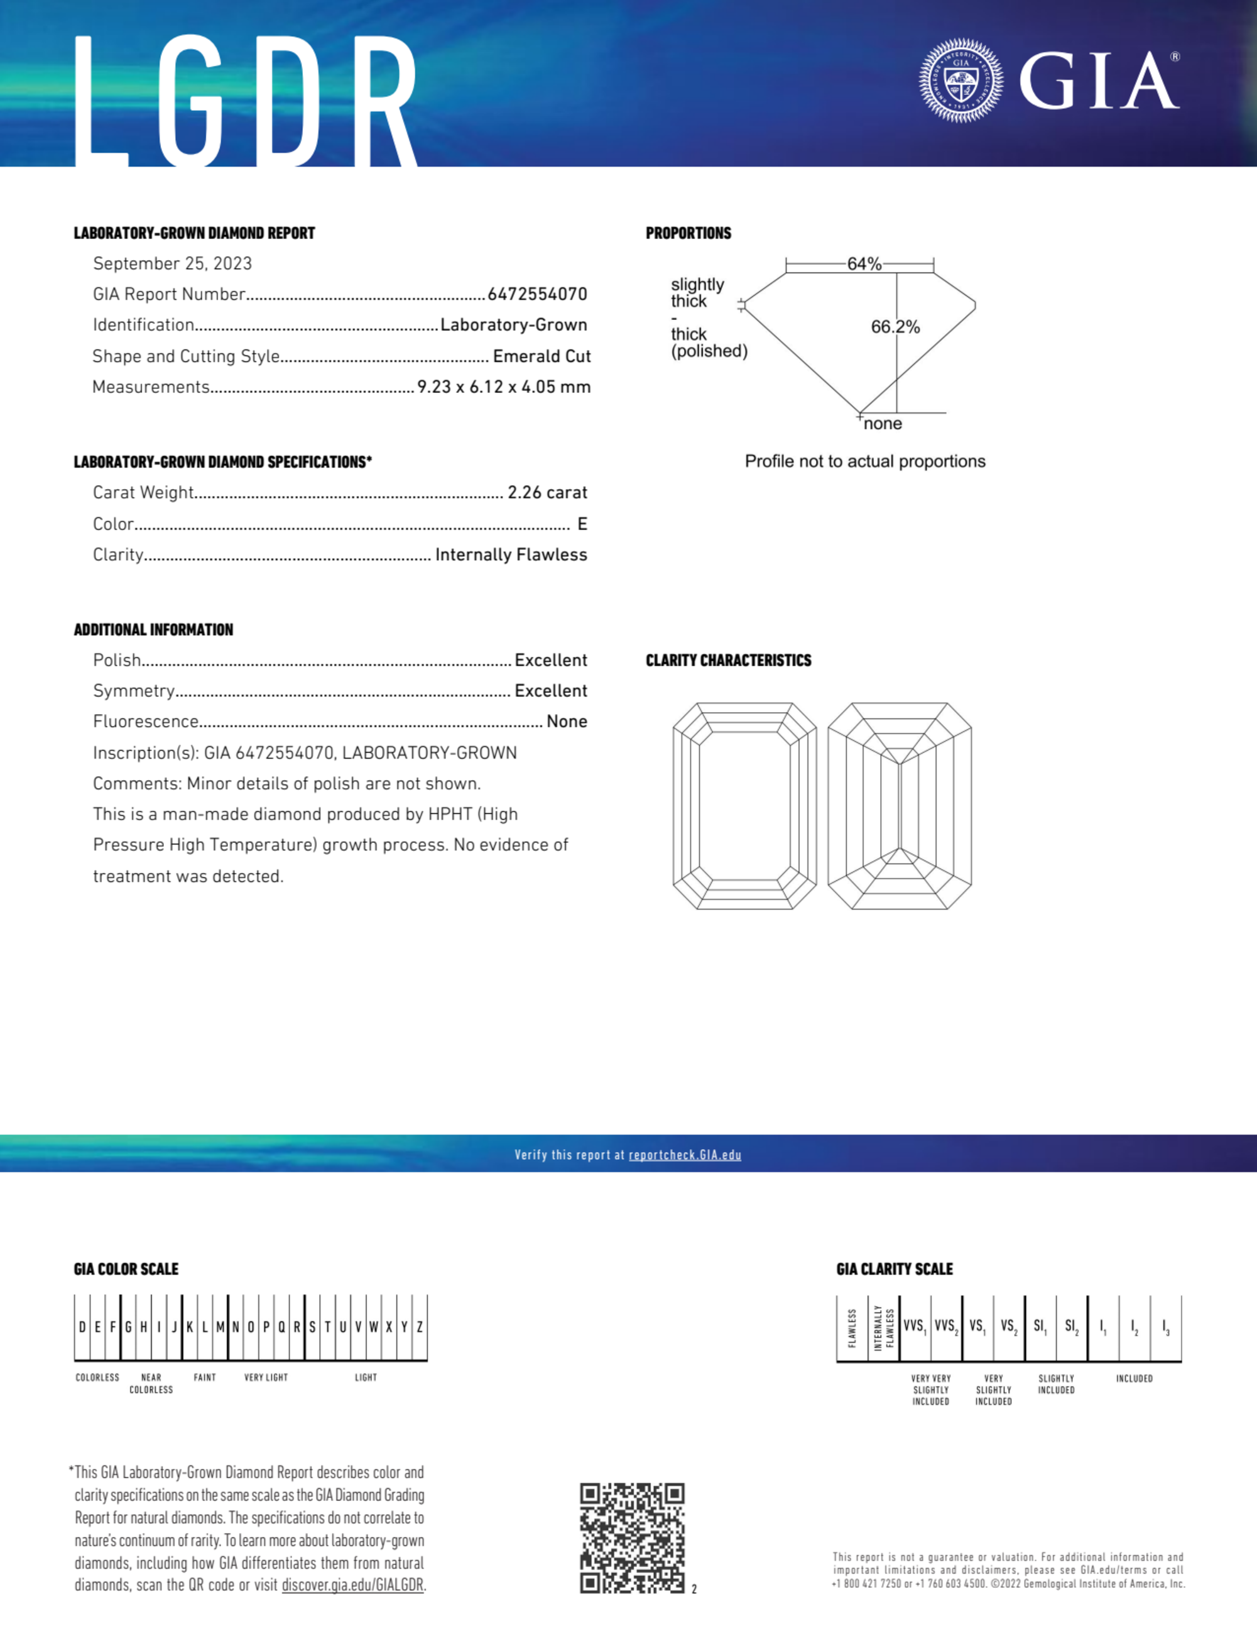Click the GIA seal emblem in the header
click(x=960, y=80)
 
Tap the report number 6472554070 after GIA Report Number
click(x=537, y=294)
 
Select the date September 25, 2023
click(x=172, y=264)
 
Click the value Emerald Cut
click(x=541, y=356)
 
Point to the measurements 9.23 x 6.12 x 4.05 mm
click(x=504, y=387)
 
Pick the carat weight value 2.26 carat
click(x=547, y=493)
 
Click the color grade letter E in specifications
click(x=582, y=524)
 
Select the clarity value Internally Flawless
click(x=511, y=554)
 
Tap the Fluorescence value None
click(x=566, y=722)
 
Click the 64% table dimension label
click(x=864, y=264)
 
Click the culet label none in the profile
click(x=883, y=424)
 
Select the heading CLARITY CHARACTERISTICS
click(x=728, y=661)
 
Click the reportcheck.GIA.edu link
click(x=685, y=1155)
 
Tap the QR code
click(x=632, y=1537)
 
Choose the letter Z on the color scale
click(x=420, y=1327)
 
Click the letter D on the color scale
click(x=82, y=1327)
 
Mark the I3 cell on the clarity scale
click(x=1165, y=1327)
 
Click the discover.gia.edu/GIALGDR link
click(x=352, y=1585)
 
